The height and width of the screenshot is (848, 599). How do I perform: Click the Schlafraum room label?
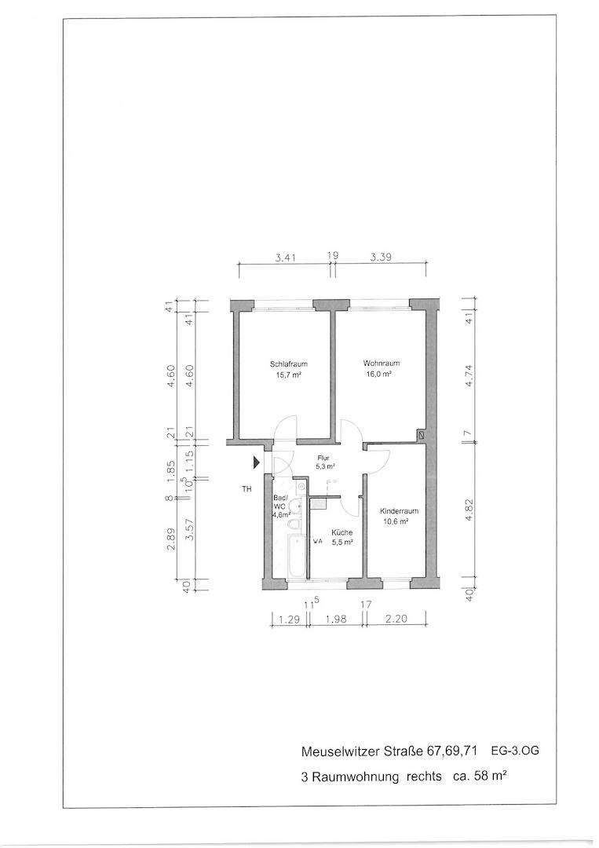click(x=288, y=364)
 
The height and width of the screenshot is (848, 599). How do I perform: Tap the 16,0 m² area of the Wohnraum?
click(x=378, y=374)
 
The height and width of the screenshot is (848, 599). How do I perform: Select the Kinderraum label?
click(x=399, y=511)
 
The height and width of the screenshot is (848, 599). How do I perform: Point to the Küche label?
click(x=342, y=532)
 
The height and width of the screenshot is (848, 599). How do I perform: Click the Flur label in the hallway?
click(x=323, y=458)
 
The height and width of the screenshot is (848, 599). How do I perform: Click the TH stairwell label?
click(x=247, y=489)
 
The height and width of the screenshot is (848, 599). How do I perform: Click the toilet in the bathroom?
click(x=294, y=525)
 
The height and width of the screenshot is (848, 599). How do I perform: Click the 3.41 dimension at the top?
click(x=285, y=258)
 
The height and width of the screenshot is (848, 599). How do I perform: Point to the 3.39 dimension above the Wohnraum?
click(x=381, y=258)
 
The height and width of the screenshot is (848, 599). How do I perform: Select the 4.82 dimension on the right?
click(x=469, y=510)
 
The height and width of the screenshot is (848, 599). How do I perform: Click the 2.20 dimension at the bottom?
click(x=396, y=620)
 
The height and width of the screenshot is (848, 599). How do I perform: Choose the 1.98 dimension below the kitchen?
click(x=336, y=620)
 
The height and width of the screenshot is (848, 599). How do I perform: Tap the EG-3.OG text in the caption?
click(x=515, y=751)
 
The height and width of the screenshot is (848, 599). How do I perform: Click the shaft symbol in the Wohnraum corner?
click(x=421, y=434)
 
